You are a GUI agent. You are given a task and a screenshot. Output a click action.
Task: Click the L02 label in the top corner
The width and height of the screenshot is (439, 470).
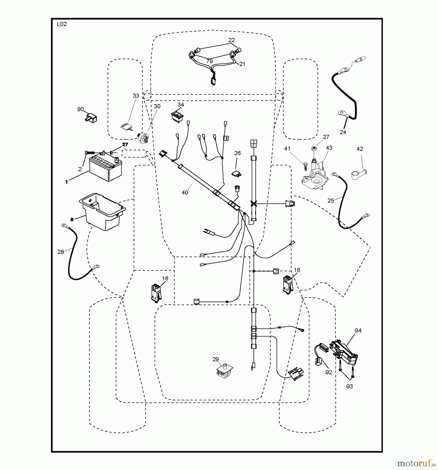point(62,24)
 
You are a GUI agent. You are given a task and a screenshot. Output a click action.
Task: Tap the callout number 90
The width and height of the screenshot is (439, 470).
point(80,109)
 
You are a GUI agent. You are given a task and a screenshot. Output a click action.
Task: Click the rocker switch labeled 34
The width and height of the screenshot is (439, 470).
point(177,116)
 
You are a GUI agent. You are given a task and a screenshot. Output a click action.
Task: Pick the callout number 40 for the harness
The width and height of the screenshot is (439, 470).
point(185,193)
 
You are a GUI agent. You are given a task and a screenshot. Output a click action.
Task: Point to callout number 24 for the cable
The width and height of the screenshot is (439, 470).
point(343,132)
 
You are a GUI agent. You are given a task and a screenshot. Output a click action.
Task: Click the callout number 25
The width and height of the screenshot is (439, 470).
point(331,201)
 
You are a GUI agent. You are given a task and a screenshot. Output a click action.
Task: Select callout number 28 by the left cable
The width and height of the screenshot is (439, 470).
point(61,252)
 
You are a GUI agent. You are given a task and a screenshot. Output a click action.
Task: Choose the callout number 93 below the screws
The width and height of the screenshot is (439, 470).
point(349,386)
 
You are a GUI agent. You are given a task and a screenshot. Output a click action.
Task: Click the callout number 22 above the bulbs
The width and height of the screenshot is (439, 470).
point(231,40)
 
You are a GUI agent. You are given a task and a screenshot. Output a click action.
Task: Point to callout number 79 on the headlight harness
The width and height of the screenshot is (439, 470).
point(209,62)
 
